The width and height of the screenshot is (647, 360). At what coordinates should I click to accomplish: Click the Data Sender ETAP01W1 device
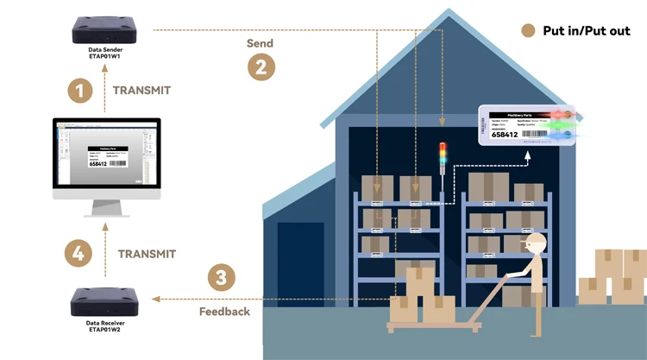coord(107,30)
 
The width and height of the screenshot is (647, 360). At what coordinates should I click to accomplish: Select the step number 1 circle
coord(81,91)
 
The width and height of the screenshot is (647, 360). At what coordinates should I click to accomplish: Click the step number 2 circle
coord(261,67)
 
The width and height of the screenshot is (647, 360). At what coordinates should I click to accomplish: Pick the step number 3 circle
coord(222,278)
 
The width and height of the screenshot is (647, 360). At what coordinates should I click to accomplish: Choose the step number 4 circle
coord(79,254)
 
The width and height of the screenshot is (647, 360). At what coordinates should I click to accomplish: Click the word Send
coord(260,43)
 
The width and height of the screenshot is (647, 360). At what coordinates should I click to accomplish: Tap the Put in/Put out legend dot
coord(529,31)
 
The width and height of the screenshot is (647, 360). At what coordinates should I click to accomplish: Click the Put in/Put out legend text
coord(586,31)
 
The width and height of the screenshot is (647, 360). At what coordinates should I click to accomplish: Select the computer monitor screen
coord(108,155)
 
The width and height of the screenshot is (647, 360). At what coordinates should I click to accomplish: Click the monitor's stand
coord(108,209)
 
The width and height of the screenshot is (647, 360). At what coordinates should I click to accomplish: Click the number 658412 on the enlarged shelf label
coord(505,134)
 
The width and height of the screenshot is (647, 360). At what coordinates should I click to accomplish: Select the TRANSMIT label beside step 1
coord(141,91)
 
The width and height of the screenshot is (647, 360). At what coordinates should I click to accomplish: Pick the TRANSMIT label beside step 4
coord(147,254)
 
